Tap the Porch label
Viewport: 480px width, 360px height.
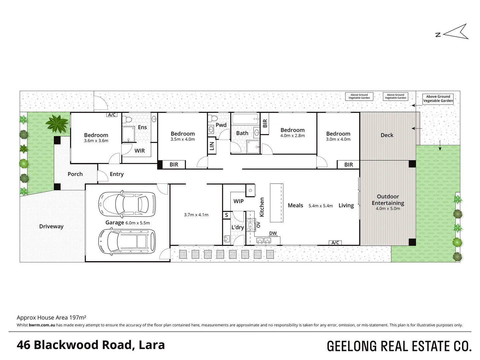click(x=75, y=174)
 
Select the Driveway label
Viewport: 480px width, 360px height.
click(x=51, y=226)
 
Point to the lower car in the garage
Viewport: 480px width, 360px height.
click(x=127, y=242)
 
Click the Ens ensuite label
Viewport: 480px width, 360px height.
click(x=142, y=127)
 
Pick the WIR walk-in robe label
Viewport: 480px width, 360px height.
click(x=140, y=151)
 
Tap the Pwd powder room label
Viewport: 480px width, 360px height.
click(x=221, y=125)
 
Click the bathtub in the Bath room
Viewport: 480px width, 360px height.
click(x=246, y=119)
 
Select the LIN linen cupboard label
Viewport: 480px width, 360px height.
click(x=212, y=146)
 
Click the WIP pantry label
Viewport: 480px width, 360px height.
click(x=238, y=201)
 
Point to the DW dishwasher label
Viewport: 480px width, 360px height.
click(x=273, y=233)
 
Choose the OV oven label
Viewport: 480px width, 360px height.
click(x=258, y=224)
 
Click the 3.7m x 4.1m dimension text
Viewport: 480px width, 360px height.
click(x=196, y=215)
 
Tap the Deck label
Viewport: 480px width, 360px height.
click(x=387, y=135)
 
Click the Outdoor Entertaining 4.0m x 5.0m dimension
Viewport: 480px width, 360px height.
click(x=388, y=209)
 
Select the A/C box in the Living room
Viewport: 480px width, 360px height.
click(x=335, y=243)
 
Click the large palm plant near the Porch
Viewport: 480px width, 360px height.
click(x=57, y=123)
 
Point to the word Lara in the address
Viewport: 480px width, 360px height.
click(x=152, y=345)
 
